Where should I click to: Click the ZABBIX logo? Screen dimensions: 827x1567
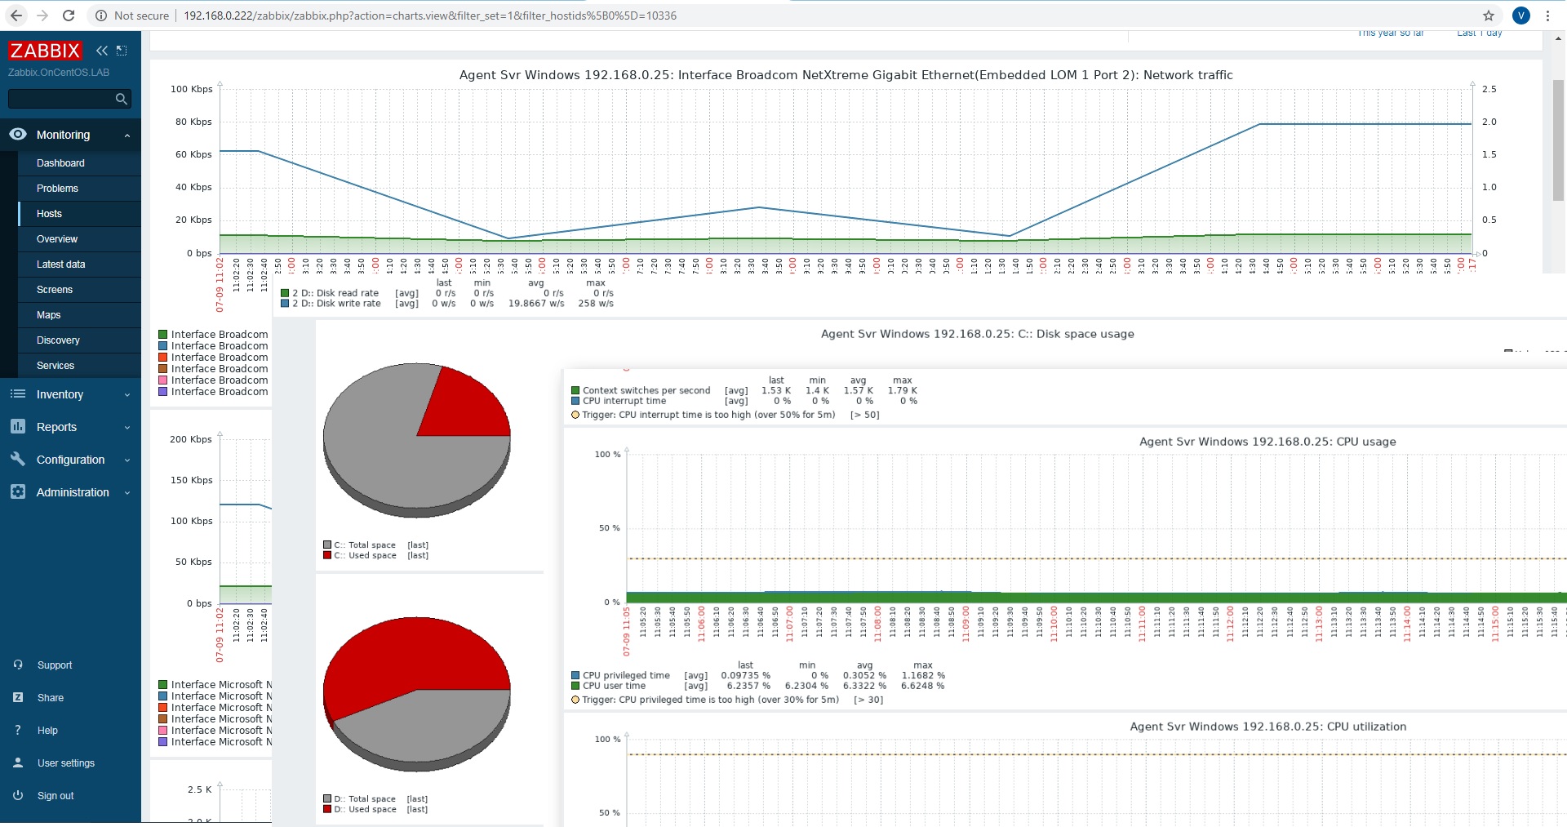click(45, 51)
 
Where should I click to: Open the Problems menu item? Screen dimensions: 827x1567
click(57, 189)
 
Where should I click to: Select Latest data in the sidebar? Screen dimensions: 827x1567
click(60, 265)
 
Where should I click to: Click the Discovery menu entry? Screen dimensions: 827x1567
click(58, 340)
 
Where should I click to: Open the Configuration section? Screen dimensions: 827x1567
click(70, 460)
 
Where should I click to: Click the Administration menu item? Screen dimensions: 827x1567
click(72, 492)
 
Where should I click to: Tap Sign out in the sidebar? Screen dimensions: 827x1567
click(55, 796)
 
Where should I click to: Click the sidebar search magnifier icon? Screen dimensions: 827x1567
click(122, 99)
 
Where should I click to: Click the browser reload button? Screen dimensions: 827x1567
click(69, 16)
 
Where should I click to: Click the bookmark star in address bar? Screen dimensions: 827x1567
click(1489, 16)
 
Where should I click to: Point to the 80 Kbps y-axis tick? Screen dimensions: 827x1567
click(193, 122)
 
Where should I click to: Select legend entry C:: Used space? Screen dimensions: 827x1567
click(365, 555)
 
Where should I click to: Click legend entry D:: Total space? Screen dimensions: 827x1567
click(364, 799)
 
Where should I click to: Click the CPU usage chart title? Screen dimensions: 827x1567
click(1267, 442)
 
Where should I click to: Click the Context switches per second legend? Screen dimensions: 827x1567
click(646, 390)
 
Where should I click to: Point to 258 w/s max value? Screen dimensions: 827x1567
click(595, 304)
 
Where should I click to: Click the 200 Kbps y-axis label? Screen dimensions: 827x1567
click(190, 439)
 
